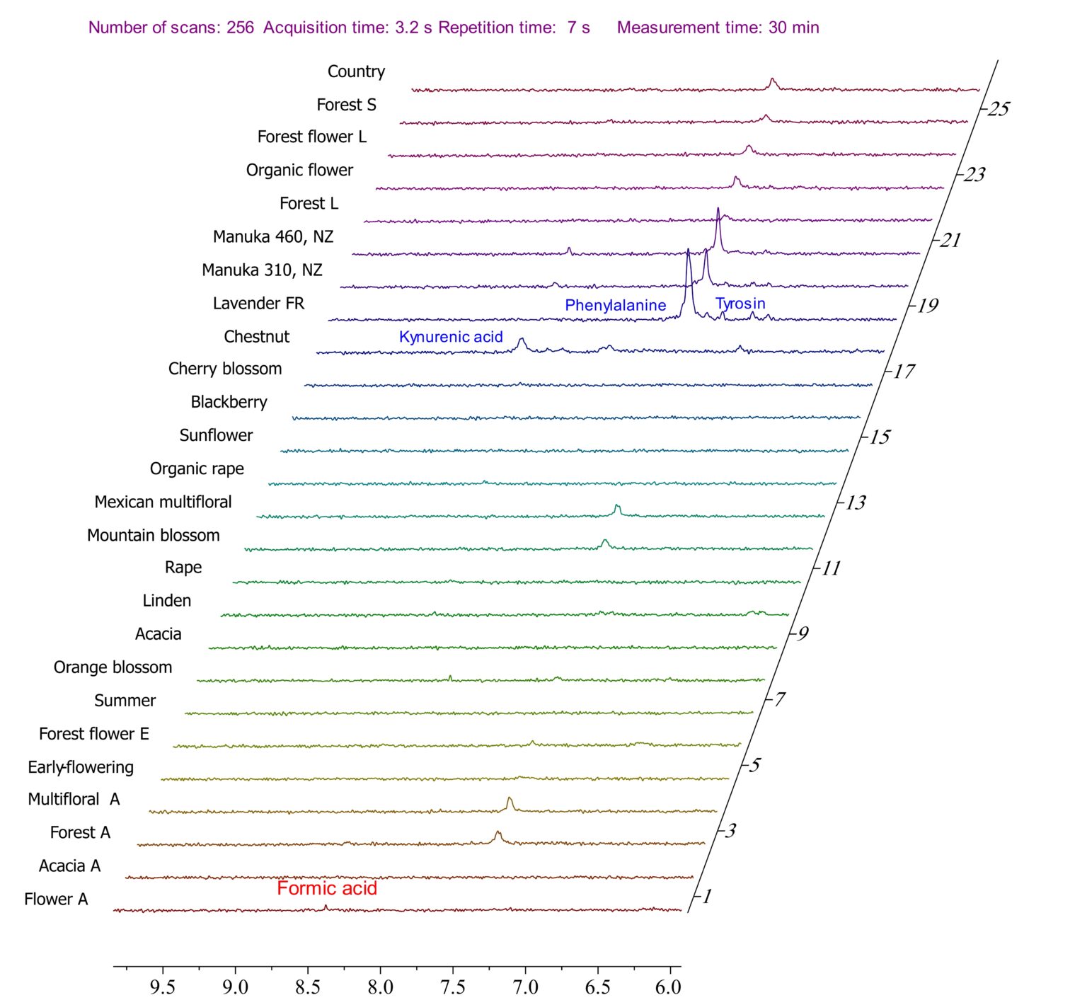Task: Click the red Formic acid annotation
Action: point(326,888)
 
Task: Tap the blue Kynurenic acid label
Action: point(451,337)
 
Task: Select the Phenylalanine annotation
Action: point(615,305)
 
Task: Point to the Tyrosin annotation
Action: point(740,304)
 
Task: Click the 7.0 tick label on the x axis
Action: point(525,987)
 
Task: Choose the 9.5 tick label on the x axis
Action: point(162,987)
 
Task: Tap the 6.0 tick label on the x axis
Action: point(668,987)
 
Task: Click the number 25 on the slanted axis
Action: point(999,109)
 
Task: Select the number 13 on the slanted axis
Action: point(855,502)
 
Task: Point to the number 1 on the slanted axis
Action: point(706,897)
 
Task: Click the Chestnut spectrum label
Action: point(256,337)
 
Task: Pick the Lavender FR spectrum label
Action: point(258,304)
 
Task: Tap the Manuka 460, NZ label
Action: point(272,236)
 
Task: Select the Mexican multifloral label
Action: point(163,502)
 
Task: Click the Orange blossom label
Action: point(113,667)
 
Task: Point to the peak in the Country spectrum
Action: point(772,81)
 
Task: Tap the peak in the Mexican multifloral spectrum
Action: point(617,507)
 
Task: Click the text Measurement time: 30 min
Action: point(718,28)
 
